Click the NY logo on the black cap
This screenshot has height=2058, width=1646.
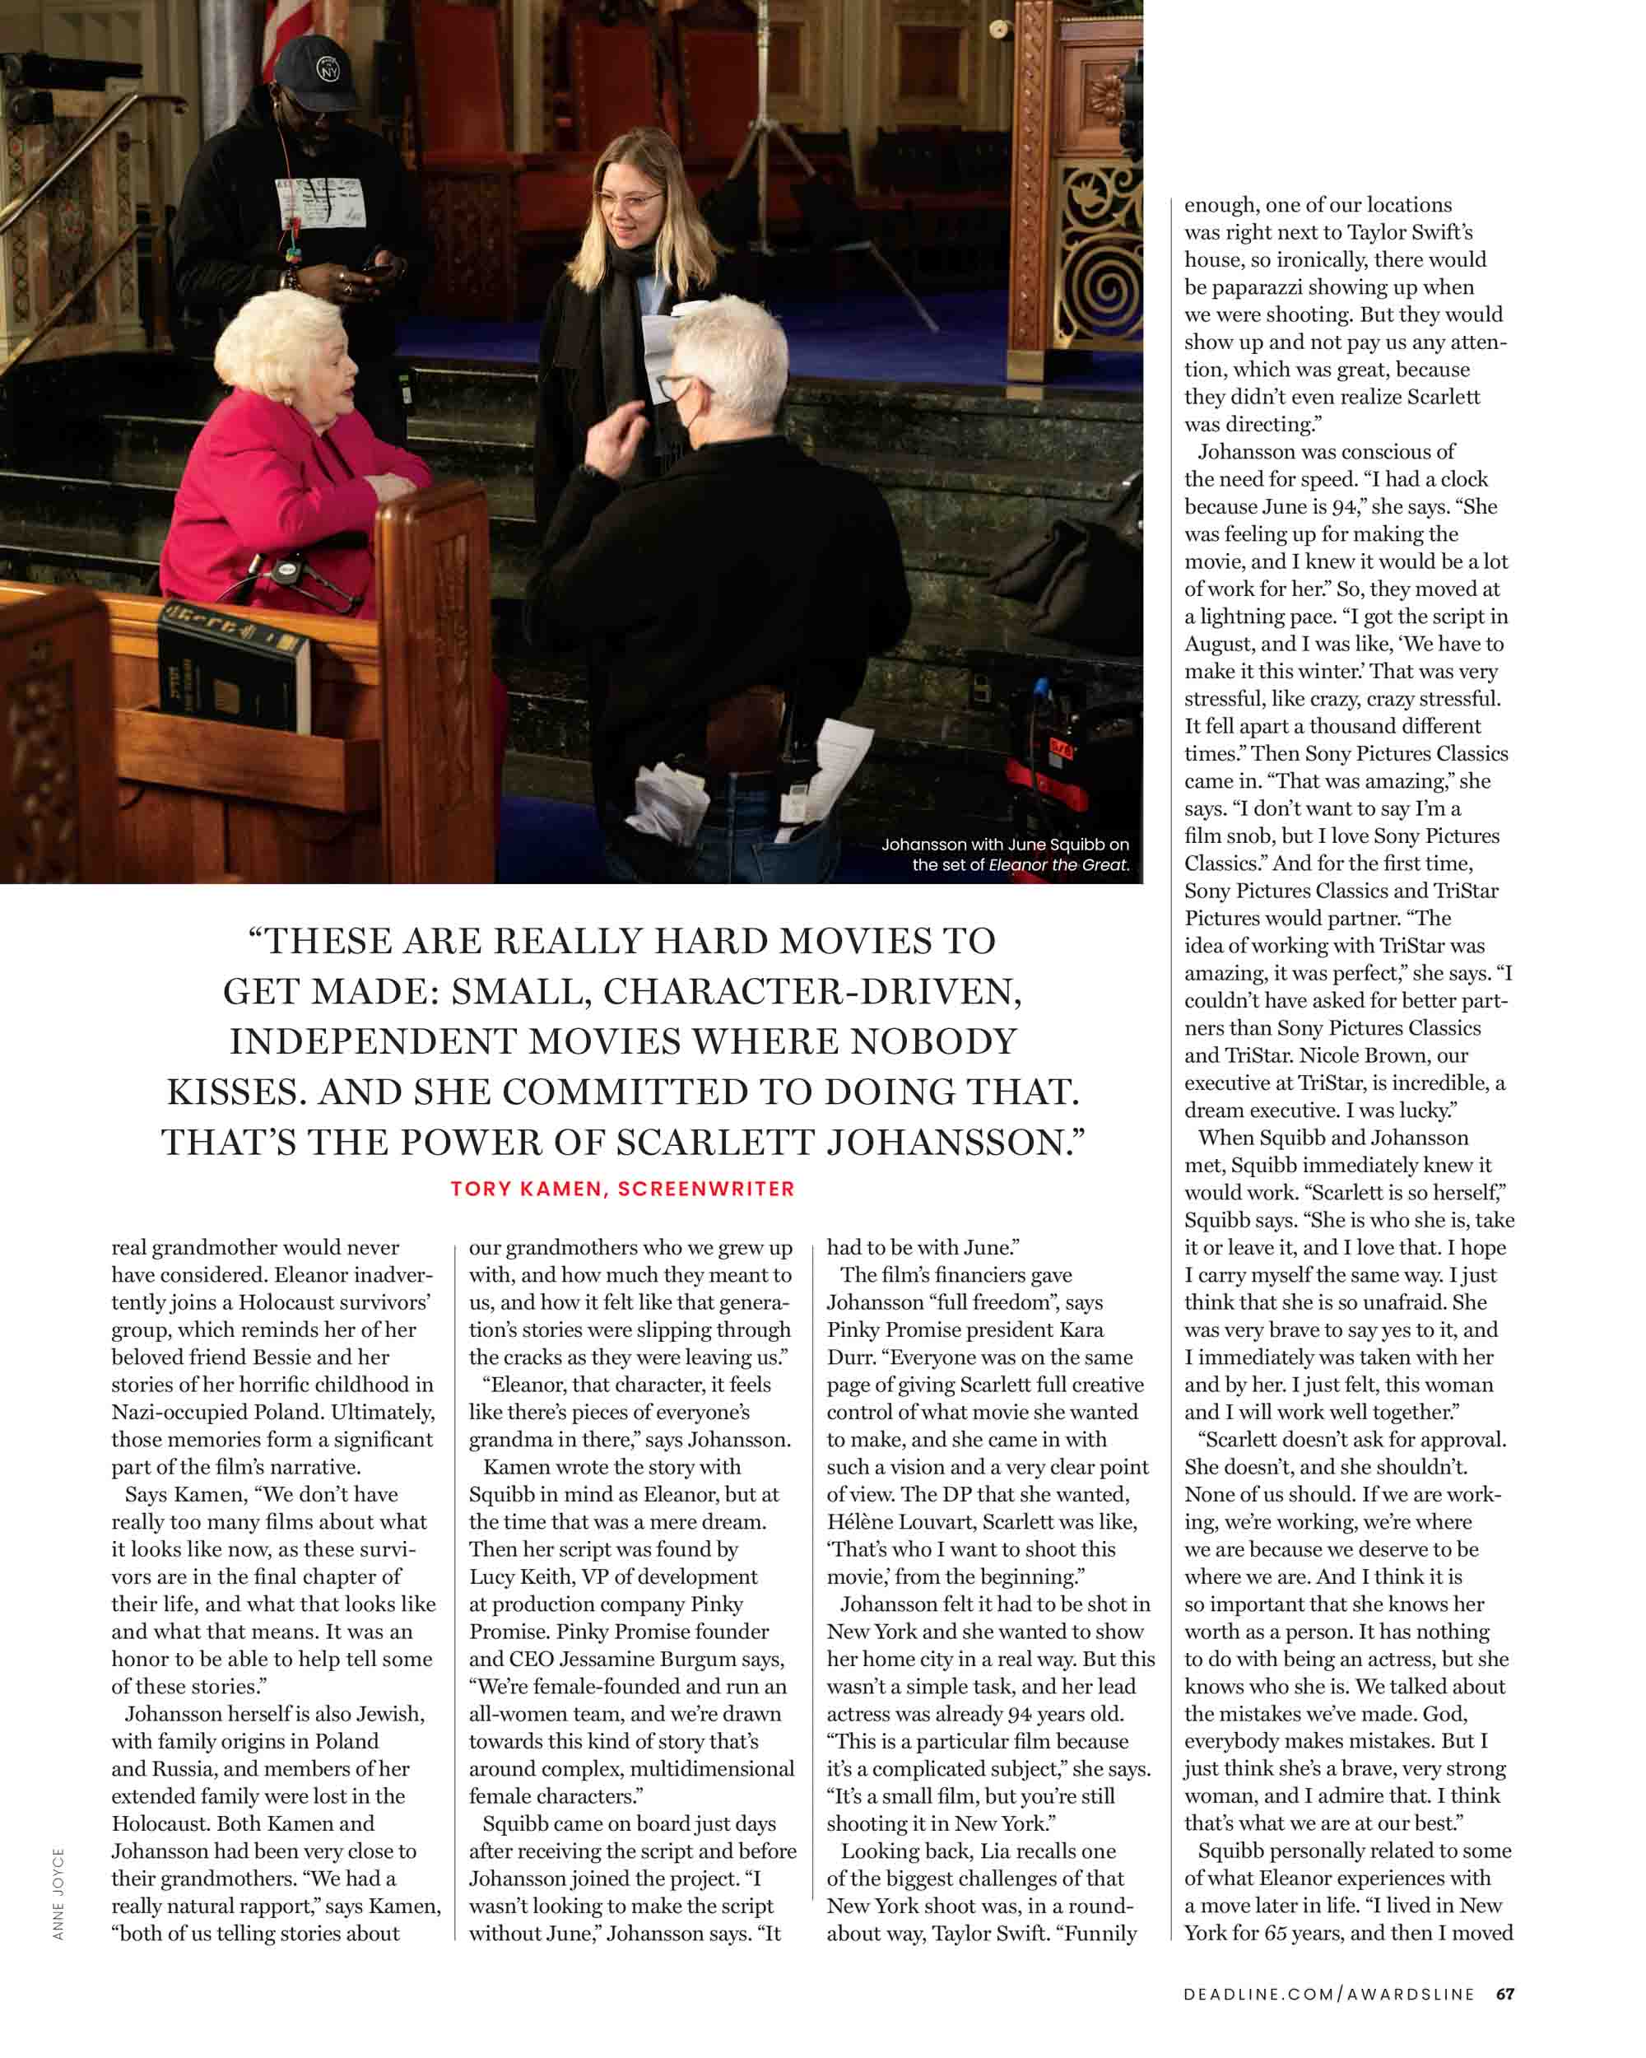[328, 70]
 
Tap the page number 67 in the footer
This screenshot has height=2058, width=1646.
[1504, 1993]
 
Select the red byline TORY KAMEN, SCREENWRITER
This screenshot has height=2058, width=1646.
[622, 1189]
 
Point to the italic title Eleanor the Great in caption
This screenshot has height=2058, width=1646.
[1058, 865]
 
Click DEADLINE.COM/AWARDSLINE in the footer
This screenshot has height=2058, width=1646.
[1328, 1993]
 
